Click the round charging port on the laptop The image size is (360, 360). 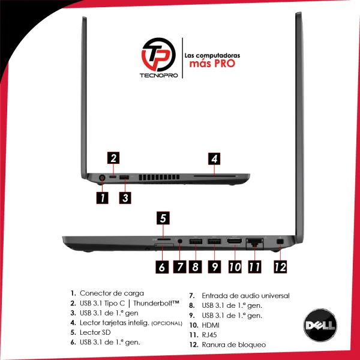click(x=102, y=178)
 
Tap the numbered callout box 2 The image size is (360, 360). click(x=113, y=158)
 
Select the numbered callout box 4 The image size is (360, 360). click(x=214, y=158)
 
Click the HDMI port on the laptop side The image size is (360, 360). click(x=234, y=241)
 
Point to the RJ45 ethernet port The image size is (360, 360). click(x=254, y=243)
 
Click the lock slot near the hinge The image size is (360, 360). click(x=280, y=242)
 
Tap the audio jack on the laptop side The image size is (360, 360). click(x=180, y=241)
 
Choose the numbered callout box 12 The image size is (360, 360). click(x=280, y=267)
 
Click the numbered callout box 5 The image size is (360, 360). click(x=163, y=218)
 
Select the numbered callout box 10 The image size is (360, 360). click(x=235, y=267)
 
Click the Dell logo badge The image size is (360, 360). click(x=320, y=325)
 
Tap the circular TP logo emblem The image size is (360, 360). click(x=158, y=55)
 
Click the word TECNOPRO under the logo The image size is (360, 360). click(x=159, y=76)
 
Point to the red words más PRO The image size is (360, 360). click(x=212, y=64)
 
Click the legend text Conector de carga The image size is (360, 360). click(x=112, y=293)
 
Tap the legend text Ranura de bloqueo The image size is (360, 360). click(x=234, y=344)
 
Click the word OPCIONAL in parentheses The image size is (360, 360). click(x=167, y=323)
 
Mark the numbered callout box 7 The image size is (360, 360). click(x=179, y=267)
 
